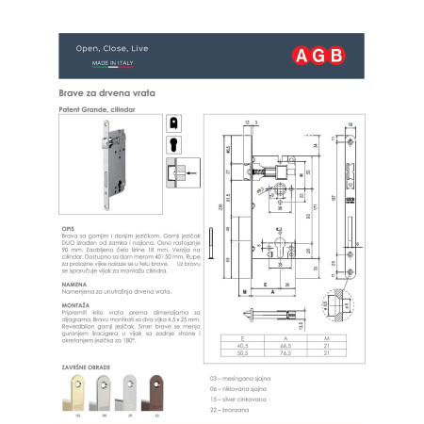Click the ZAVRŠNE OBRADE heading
pyautogui.click(x=94, y=362)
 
